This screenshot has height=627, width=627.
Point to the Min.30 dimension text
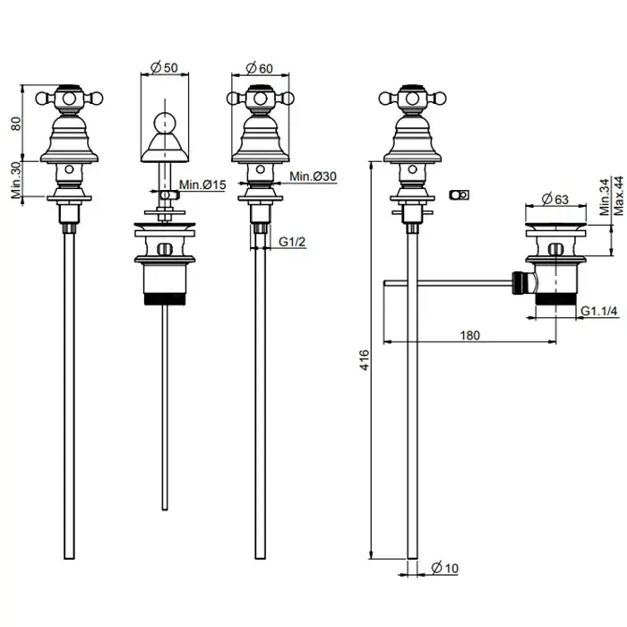(15, 180)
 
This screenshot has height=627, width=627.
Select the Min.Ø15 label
(201, 185)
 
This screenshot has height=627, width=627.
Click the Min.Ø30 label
(314, 177)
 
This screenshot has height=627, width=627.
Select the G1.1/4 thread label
(599, 312)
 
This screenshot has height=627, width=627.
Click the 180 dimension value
(470, 335)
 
